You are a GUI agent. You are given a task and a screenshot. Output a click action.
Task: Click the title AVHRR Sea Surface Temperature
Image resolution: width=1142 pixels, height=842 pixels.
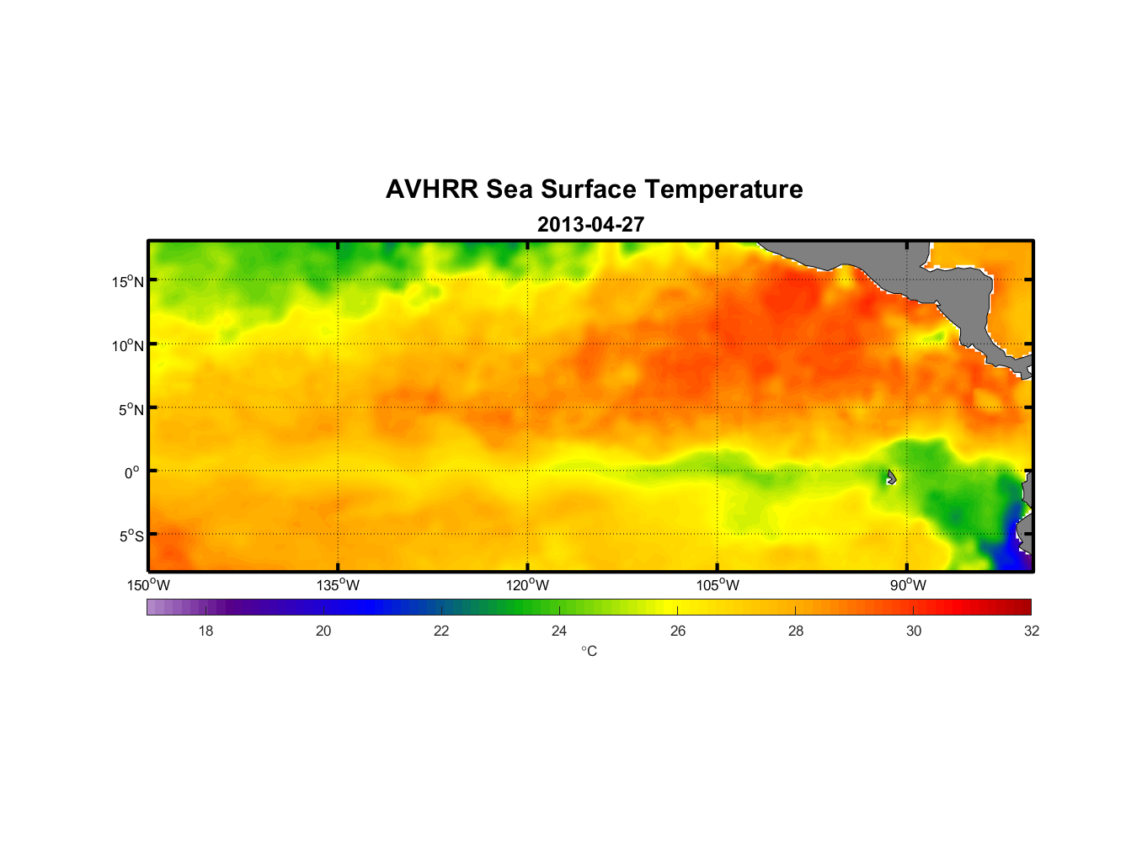(594, 189)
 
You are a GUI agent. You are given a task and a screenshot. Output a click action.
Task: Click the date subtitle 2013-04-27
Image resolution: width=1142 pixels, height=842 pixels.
(590, 225)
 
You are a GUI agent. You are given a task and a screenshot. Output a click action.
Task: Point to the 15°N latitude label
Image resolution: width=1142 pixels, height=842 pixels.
(128, 281)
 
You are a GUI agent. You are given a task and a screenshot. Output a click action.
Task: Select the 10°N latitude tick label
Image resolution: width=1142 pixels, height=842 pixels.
(128, 345)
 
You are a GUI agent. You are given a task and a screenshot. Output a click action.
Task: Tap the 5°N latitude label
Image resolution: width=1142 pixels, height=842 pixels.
(131, 409)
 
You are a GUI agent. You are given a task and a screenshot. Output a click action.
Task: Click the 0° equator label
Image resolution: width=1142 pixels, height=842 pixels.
(131, 472)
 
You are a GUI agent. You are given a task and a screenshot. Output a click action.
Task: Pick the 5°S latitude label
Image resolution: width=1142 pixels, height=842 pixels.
(131, 536)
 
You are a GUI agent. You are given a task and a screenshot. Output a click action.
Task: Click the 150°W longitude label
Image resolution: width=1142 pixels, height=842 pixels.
(148, 585)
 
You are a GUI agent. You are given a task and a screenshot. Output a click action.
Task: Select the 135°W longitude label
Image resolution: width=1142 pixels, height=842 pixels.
(338, 585)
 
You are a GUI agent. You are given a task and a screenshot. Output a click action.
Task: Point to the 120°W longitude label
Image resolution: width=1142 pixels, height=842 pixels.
(527, 585)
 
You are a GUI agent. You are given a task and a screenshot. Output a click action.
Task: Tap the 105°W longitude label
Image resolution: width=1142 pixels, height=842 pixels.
(718, 585)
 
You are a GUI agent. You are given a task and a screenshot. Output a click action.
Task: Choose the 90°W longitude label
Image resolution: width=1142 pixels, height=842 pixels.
(907, 585)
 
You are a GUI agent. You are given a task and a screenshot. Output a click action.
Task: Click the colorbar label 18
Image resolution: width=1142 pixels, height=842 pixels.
(205, 631)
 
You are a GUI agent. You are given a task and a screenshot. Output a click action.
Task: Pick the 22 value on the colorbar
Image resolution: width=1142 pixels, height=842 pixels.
(441, 631)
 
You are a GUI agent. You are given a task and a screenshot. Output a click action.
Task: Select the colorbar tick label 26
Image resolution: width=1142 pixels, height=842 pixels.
(678, 631)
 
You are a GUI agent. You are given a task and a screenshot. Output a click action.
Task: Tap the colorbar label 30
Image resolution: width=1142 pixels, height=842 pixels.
(914, 631)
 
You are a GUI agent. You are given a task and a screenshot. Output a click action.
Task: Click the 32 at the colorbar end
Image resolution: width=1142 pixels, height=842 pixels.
(1031, 631)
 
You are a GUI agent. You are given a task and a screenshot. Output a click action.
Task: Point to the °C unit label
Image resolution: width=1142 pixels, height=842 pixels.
(589, 651)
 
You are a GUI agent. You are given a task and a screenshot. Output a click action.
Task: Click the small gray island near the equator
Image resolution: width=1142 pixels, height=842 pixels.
(891, 477)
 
